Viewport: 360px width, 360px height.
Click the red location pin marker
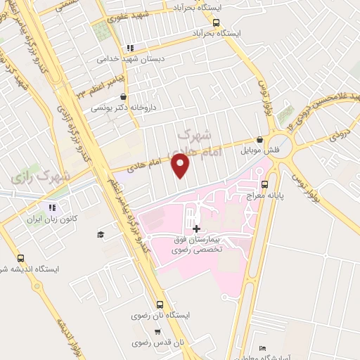[x=181, y=165]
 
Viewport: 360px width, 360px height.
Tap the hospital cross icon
[x=195, y=229]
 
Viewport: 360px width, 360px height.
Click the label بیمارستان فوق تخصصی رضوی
[x=198, y=245]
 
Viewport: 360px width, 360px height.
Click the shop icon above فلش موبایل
[x=261, y=139]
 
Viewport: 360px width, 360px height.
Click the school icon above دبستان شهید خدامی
[x=130, y=48]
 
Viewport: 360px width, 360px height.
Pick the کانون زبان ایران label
[x=51, y=219]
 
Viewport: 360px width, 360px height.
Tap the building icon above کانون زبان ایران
[x=51, y=207]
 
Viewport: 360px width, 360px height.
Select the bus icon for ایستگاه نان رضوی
[x=160, y=305]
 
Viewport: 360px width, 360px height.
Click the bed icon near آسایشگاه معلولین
[x=262, y=349]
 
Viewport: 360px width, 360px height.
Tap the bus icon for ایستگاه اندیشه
[x=20, y=258]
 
